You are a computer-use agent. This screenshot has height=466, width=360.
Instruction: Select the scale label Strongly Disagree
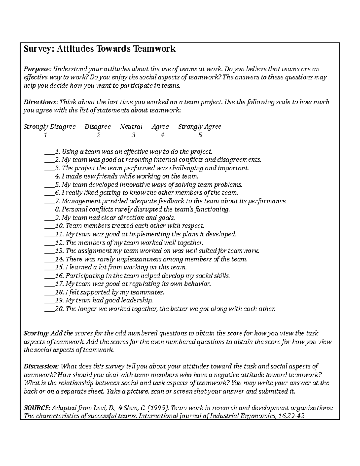pos(49,127)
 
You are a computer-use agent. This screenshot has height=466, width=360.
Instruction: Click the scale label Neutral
pos(131,127)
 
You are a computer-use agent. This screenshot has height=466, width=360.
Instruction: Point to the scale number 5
pos(200,135)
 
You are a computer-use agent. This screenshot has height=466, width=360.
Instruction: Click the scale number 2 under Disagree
pos(98,135)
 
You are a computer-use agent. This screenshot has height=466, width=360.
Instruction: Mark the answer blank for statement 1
pos(49,152)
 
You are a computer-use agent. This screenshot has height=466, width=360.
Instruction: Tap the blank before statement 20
pos(49,309)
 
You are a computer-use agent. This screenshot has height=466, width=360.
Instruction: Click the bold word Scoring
pos(36,333)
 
